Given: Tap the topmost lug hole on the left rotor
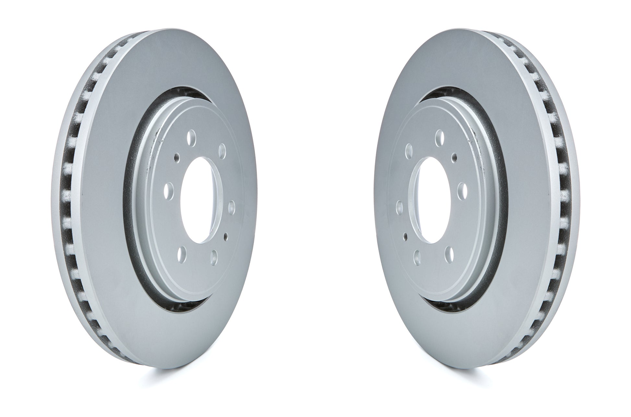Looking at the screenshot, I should point(192,135).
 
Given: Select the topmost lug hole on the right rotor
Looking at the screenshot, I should point(440,135).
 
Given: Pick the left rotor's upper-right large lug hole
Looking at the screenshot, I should point(222,149).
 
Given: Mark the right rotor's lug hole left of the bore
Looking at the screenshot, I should point(399,207).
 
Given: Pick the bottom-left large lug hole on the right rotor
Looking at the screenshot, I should point(418,257).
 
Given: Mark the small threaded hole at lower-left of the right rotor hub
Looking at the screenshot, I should point(405,234).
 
